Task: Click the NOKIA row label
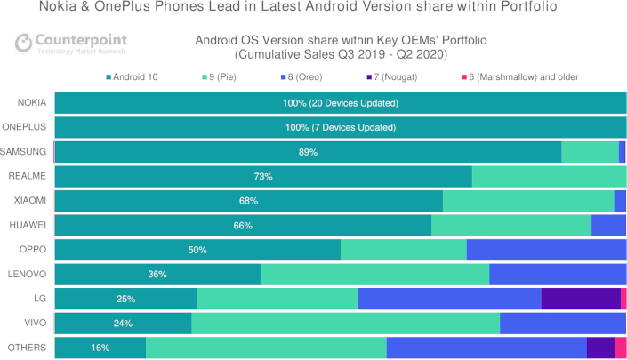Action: pos(32,103)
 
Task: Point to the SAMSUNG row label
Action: pos(27,152)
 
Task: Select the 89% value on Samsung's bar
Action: pos(308,152)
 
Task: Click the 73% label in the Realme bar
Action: pos(263,177)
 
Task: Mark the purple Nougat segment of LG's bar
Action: pos(580,299)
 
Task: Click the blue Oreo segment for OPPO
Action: pos(545,250)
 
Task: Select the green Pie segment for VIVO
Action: pos(345,324)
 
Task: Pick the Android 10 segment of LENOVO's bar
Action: pos(157,275)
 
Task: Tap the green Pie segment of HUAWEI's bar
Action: pos(510,226)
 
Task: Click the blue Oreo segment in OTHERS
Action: pos(486,348)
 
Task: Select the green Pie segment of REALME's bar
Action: pos(548,177)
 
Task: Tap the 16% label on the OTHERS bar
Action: pos(100,348)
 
